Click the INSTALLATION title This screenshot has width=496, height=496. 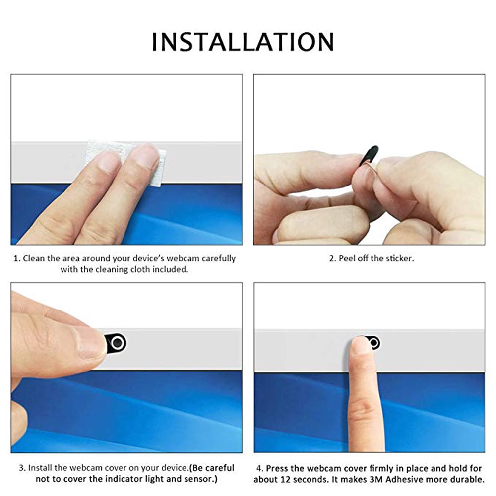coord(243,42)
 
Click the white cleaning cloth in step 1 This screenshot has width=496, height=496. coord(124,161)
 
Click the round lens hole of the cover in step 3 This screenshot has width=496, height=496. coord(117,343)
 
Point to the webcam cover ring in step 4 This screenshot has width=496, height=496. coord(373,343)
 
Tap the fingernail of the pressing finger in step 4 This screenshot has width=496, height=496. coord(361,344)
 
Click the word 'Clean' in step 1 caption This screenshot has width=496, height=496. coord(34,258)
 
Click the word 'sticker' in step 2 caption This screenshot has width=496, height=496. coord(399,258)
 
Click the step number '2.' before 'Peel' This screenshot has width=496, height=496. coord(333,258)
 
